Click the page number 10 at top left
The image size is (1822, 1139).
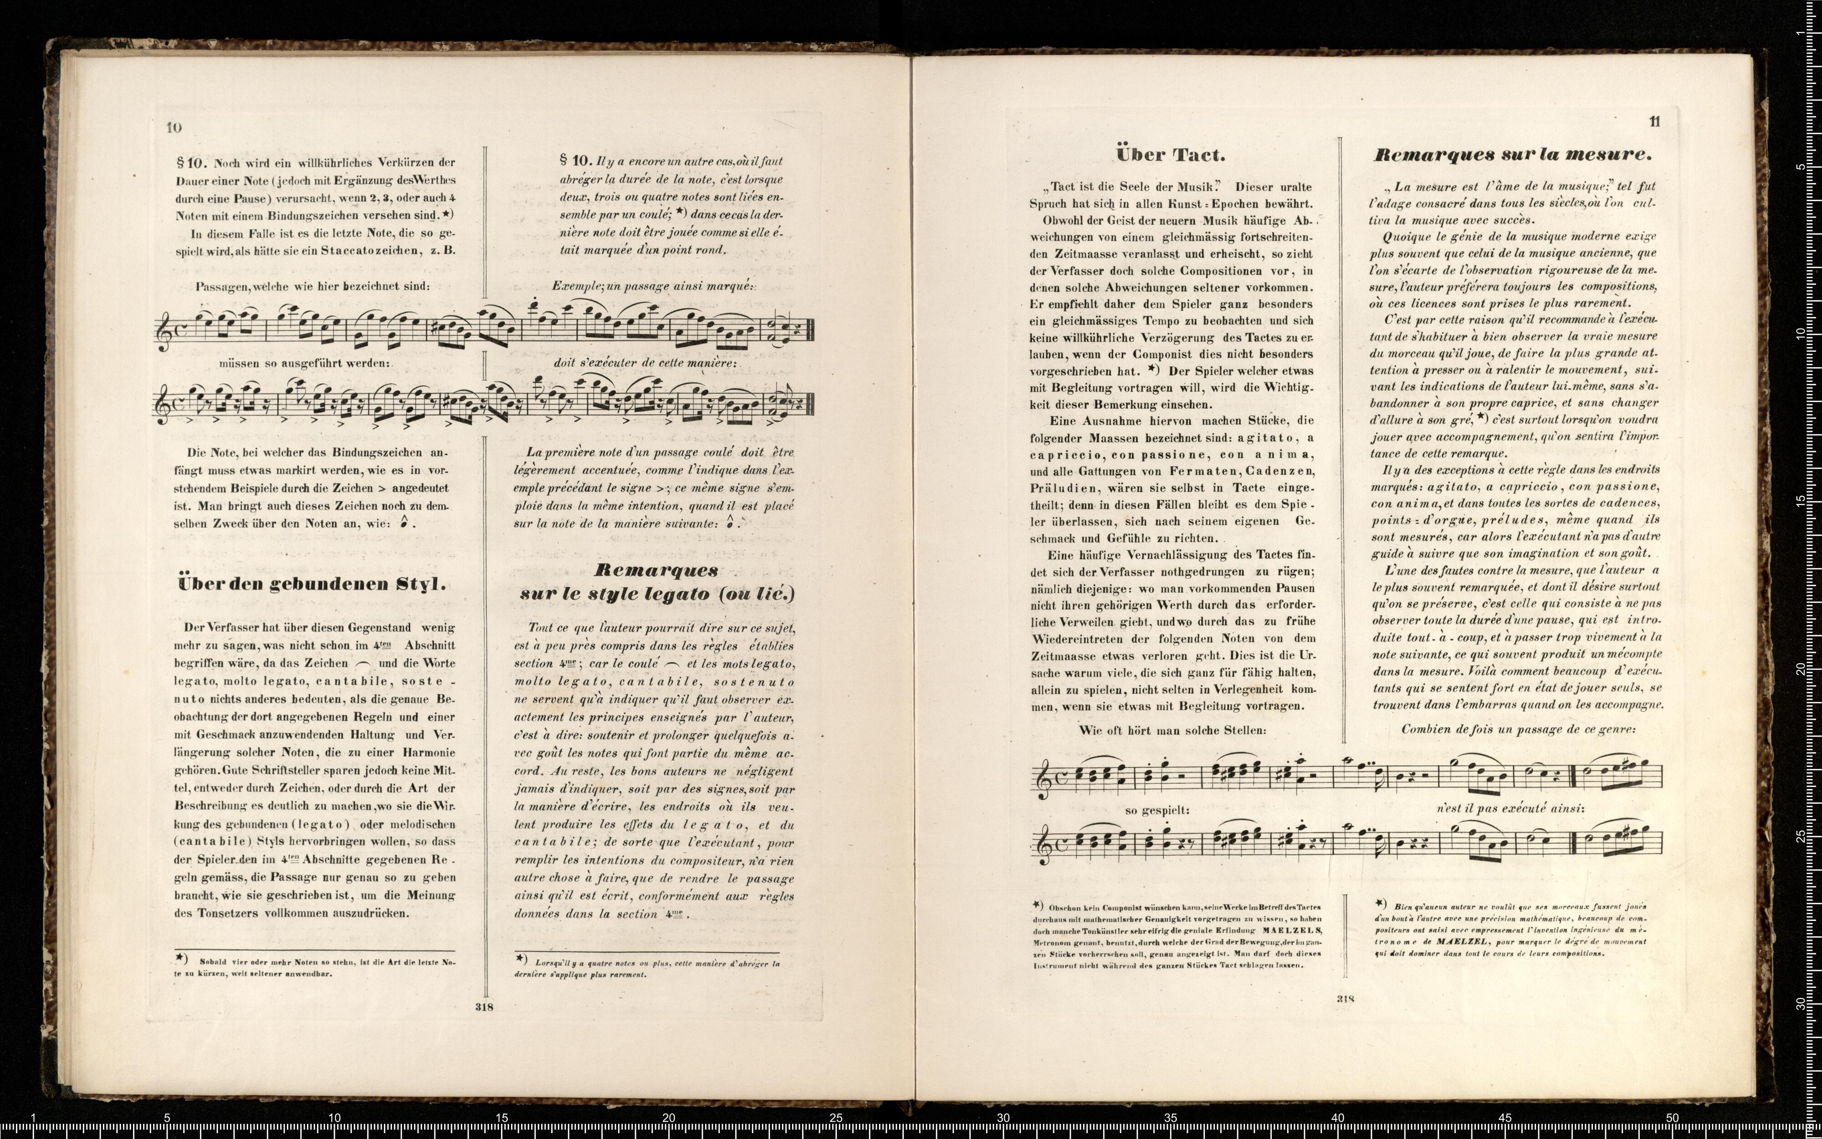[x=174, y=127]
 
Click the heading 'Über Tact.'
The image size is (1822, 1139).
[x=1170, y=155]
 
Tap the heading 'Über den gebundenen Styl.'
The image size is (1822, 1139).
[x=311, y=584]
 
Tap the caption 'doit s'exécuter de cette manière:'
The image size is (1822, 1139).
[x=644, y=362]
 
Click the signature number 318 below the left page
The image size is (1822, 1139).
[x=484, y=1007]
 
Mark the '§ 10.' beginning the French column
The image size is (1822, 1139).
[x=576, y=160]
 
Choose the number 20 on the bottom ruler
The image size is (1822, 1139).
[x=668, y=1118]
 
